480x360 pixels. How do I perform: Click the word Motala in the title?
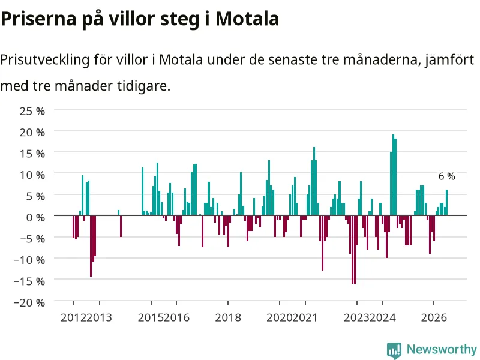[247, 19]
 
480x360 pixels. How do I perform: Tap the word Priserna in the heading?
[38, 19]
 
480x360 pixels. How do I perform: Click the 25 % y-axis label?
[32, 111]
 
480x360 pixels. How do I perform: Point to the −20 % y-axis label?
[29, 302]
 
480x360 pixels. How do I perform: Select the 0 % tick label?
[35, 217]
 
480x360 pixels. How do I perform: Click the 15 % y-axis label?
[32, 154]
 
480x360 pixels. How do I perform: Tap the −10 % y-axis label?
[29, 260]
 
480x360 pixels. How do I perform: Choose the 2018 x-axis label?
[228, 317]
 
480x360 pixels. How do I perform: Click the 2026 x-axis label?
[434, 317]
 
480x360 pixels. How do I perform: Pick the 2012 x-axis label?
[73, 317]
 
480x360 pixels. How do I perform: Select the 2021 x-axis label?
[305, 317]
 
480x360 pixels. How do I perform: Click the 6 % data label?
[446, 176]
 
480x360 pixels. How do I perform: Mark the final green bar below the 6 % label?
[446, 202]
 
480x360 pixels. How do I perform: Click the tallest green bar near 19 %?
[394, 175]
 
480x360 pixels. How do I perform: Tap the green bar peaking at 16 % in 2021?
[314, 181]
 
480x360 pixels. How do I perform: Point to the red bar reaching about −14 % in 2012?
[91, 246]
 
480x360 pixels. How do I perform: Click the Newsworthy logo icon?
[394, 350]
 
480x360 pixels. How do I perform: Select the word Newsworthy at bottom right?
[442, 349]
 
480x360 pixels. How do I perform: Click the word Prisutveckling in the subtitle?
[45, 60]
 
